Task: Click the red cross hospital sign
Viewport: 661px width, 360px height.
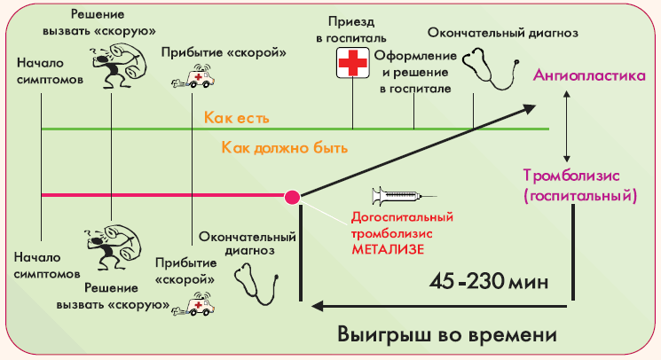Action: coord(353,63)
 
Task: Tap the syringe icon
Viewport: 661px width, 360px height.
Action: coord(404,196)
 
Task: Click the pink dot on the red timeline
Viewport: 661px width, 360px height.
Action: coord(292,197)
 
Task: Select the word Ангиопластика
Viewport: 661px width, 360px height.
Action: coord(589,75)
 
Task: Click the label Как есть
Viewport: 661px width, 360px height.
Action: coord(237,117)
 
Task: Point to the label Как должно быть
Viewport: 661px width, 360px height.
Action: coord(285,148)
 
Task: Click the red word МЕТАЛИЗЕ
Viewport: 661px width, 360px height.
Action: coord(388,249)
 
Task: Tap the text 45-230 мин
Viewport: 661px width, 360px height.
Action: coord(489,282)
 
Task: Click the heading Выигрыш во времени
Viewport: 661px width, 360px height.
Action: coord(447,335)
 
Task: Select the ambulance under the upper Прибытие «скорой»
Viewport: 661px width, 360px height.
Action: coord(193,76)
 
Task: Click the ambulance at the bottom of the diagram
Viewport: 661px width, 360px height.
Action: coord(193,304)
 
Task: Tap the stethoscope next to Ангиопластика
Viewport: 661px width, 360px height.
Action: coord(491,68)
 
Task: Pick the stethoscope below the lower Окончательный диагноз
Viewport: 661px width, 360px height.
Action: coord(256,284)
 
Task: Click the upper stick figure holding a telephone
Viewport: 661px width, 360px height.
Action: coord(119,67)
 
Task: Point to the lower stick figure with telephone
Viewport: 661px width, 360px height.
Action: coord(114,247)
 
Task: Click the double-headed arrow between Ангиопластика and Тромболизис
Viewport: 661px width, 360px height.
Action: coord(567,126)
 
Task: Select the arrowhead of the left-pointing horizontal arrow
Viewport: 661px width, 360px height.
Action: coord(317,306)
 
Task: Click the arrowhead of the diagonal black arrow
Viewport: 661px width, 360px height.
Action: coord(529,109)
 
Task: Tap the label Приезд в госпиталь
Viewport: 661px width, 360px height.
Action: coord(351,29)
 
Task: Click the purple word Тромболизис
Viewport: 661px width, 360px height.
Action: coord(571,176)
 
